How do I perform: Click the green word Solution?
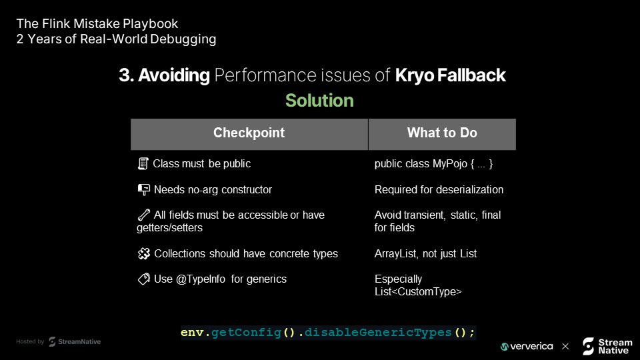click(319, 101)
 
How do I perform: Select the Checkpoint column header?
click(249, 133)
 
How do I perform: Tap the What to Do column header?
click(442, 133)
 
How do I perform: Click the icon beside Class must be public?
click(143, 164)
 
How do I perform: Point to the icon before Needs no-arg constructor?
click(144, 189)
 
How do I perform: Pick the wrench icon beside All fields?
click(144, 215)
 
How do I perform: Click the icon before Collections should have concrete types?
click(144, 253)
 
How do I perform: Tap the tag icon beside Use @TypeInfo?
click(144, 279)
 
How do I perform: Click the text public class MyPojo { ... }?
click(433, 164)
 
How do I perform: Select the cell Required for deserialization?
click(439, 189)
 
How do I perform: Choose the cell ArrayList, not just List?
click(425, 253)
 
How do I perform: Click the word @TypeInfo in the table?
click(201, 279)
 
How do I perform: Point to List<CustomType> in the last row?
click(418, 291)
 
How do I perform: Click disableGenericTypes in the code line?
click(378, 332)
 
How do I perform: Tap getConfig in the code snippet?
click(246, 332)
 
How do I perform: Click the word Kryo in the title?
click(414, 75)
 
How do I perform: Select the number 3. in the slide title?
click(127, 75)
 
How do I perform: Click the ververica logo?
click(527, 347)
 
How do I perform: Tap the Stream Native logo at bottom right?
click(607, 346)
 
